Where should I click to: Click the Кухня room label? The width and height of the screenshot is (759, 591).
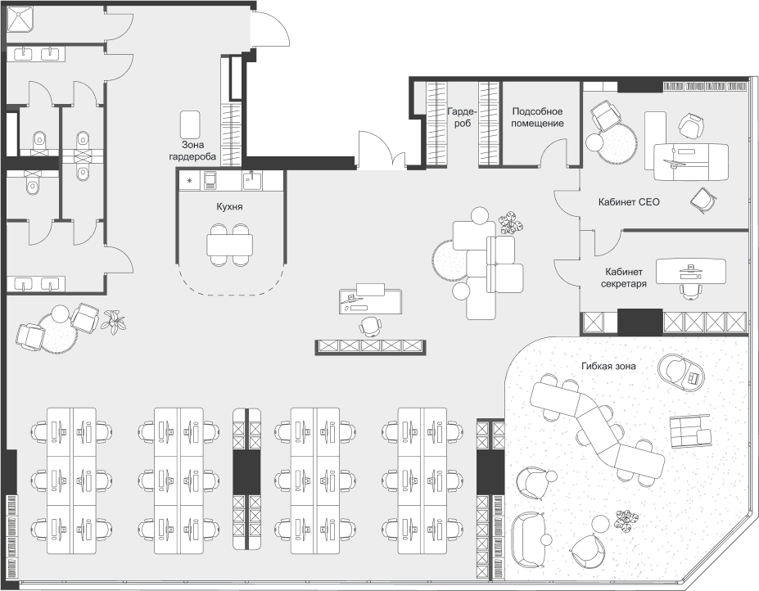click(229, 206)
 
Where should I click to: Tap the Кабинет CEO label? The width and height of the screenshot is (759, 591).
click(629, 202)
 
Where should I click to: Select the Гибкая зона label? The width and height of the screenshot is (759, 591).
click(608, 366)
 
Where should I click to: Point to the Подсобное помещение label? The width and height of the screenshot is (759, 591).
click(537, 117)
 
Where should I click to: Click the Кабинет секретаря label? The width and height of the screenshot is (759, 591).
click(624, 277)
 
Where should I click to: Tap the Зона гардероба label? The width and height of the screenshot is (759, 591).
click(192, 151)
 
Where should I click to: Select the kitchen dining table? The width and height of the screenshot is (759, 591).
click(229, 245)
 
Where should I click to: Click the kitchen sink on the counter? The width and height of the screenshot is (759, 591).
click(251, 180)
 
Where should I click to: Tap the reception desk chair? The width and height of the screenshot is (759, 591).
click(370, 326)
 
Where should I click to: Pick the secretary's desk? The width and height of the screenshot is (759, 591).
click(691, 272)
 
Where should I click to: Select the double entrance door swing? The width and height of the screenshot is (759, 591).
click(382, 149)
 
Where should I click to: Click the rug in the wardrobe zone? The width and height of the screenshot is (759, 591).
click(190, 124)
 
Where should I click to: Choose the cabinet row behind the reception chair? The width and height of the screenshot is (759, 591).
click(370, 346)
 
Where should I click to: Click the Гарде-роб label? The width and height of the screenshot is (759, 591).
click(462, 117)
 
